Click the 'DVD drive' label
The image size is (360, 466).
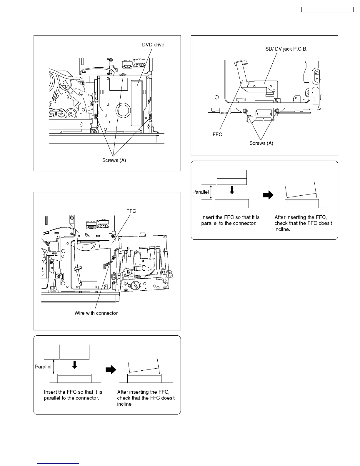pyautogui.click(x=153, y=45)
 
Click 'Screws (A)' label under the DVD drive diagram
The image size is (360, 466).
pyautogui.click(x=114, y=160)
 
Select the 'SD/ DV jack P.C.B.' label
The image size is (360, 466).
pyautogui.click(x=286, y=49)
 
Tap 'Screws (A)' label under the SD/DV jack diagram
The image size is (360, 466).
pyautogui.click(x=261, y=143)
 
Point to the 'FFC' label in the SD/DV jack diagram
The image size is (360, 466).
pyautogui.click(x=217, y=134)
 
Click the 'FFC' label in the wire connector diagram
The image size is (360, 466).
pyautogui.click(x=131, y=211)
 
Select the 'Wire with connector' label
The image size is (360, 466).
pyautogui.click(x=96, y=313)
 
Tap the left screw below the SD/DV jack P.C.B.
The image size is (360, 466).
pyautogui.click(x=245, y=111)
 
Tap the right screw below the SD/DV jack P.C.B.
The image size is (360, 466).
pyautogui.click(x=276, y=111)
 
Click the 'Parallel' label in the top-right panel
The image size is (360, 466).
pyautogui.click(x=201, y=192)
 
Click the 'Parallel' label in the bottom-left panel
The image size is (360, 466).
pyautogui.click(x=43, y=367)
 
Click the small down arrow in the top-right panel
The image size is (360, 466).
pyautogui.click(x=232, y=190)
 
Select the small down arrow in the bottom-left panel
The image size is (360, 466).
pyautogui.click(x=75, y=365)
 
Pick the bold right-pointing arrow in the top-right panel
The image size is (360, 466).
pyautogui.click(x=268, y=195)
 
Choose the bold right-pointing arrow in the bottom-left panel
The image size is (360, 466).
pyautogui.click(x=111, y=370)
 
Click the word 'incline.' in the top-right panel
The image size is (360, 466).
pyautogui.click(x=282, y=229)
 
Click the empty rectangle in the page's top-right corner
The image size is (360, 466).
pyautogui.click(x=327, y=10)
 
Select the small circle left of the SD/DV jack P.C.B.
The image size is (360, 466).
pyautogui.click(x=216, y=97)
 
